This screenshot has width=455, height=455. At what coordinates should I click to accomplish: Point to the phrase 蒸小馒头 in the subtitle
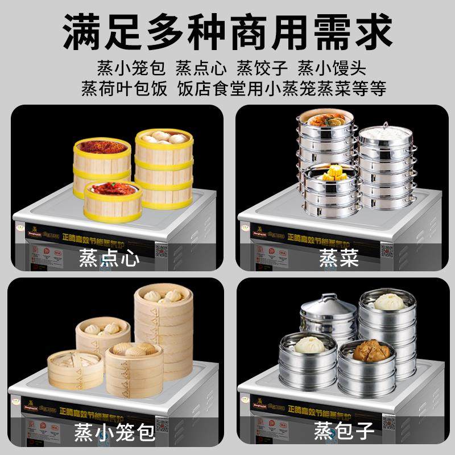pyautogui.click(x=332, y=68)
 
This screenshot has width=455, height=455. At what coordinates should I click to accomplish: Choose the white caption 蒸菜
pyautogui.click(x=338, y=259)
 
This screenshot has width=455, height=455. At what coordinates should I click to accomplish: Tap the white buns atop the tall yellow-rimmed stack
pyautogui.click(x=164, y=137)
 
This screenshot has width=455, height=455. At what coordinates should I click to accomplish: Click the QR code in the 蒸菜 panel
pyautogui.click(x=387, y=250)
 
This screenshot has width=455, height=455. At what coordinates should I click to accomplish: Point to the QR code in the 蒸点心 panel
pyautogui.click(x=161, y=251)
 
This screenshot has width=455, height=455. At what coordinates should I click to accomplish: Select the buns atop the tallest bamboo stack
pyautogui.click(x=163, y=296)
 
